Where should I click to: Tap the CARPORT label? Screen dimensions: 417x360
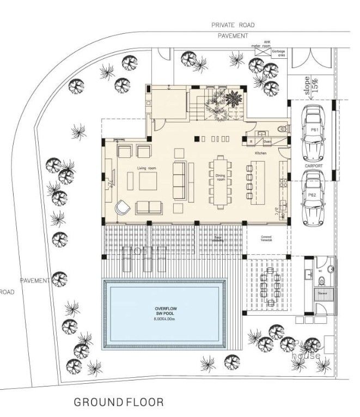coord(314,165)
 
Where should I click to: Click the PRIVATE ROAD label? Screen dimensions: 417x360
coord(233,25)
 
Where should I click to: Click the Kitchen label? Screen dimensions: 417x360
coord(260,154)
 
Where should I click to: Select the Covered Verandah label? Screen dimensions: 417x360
coord(267,238)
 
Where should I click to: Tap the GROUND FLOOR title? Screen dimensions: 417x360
coord(118,402)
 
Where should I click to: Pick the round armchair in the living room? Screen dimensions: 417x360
coord(122,207)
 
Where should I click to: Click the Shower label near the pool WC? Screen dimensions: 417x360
coord(322,292)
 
